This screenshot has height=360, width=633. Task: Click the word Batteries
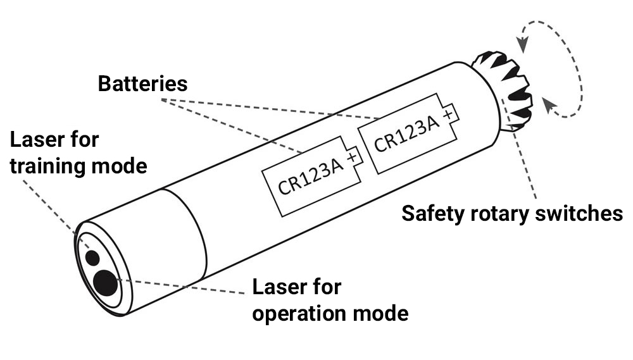coord(142,84)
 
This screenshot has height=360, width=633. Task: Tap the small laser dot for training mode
coord(93,258)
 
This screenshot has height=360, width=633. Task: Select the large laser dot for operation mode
coord(105,282)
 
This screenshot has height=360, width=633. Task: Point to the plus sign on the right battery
coord(449,115)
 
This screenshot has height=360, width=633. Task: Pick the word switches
coord(583,213)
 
